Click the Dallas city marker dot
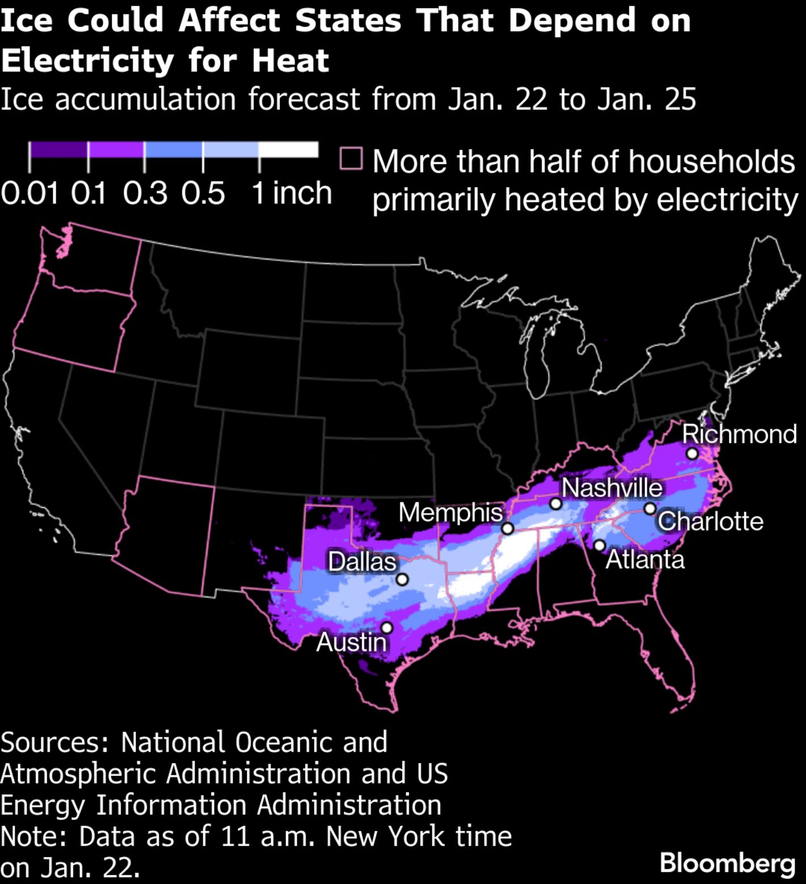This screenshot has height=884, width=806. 402,579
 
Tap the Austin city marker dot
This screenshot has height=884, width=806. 387,627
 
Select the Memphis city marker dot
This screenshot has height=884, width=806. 508,529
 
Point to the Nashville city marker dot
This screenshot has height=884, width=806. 556,504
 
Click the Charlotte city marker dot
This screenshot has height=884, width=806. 650,509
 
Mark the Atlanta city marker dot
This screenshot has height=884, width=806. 599,546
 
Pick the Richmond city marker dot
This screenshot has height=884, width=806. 692,453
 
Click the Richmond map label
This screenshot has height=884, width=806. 739,434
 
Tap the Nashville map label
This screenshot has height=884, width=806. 612,488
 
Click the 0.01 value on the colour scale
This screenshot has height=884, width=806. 30,194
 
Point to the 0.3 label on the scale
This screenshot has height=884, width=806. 145,194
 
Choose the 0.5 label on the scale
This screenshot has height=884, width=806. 203,194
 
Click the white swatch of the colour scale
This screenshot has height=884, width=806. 288,149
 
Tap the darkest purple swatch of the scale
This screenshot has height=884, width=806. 59,149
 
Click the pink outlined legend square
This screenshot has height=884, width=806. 351,159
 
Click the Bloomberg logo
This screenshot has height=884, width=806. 728,864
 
